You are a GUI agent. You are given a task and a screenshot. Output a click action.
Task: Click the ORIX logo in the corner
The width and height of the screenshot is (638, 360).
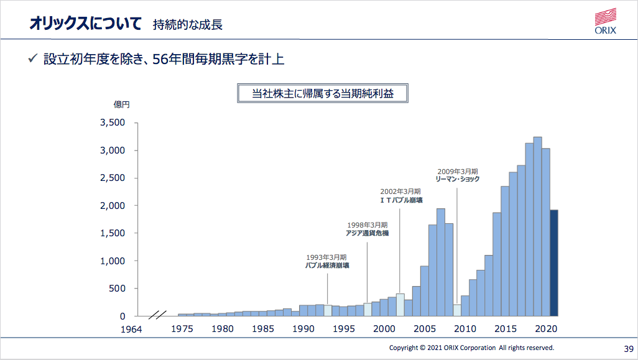click(x=605, y=21)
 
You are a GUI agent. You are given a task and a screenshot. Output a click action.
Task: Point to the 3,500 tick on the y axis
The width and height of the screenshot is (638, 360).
click(x=113, y=123)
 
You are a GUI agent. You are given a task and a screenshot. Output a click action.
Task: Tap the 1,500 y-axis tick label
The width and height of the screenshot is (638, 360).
click(x=113, y=233)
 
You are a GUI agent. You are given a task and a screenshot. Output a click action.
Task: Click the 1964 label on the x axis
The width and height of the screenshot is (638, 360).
click(x=131, y=329)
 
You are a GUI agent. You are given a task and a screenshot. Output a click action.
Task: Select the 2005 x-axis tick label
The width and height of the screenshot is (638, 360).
click(x=424, y=329)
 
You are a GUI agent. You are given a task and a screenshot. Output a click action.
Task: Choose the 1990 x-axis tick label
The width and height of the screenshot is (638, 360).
click(x=303, y=329)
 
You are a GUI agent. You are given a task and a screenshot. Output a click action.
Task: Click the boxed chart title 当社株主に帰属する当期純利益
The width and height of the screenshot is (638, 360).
click(x=322, y=94)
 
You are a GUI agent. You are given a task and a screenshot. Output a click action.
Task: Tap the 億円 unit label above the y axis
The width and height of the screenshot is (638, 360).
click(x=121, y=104)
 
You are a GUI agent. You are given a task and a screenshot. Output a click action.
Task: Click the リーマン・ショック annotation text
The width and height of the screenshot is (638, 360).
click(x=458, y=179)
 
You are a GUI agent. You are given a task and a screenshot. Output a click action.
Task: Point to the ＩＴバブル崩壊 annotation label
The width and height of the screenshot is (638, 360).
click(x=400, y=200)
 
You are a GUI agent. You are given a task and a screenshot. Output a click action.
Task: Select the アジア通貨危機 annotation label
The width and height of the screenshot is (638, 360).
click(x=367, y=233)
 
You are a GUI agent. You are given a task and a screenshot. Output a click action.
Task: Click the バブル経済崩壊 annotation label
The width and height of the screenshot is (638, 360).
click(x=326, y=265)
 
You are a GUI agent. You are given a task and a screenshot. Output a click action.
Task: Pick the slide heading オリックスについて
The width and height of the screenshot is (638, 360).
click(x=85, y=24)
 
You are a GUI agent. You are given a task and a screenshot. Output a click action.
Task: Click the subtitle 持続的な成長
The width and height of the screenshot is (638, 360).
click(x=187, y=25)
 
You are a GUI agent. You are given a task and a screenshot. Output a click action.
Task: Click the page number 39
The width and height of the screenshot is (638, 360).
click(x=627, y=348)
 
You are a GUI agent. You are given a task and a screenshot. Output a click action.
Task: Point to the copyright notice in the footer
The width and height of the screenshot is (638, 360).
click(x=471, y=348)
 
